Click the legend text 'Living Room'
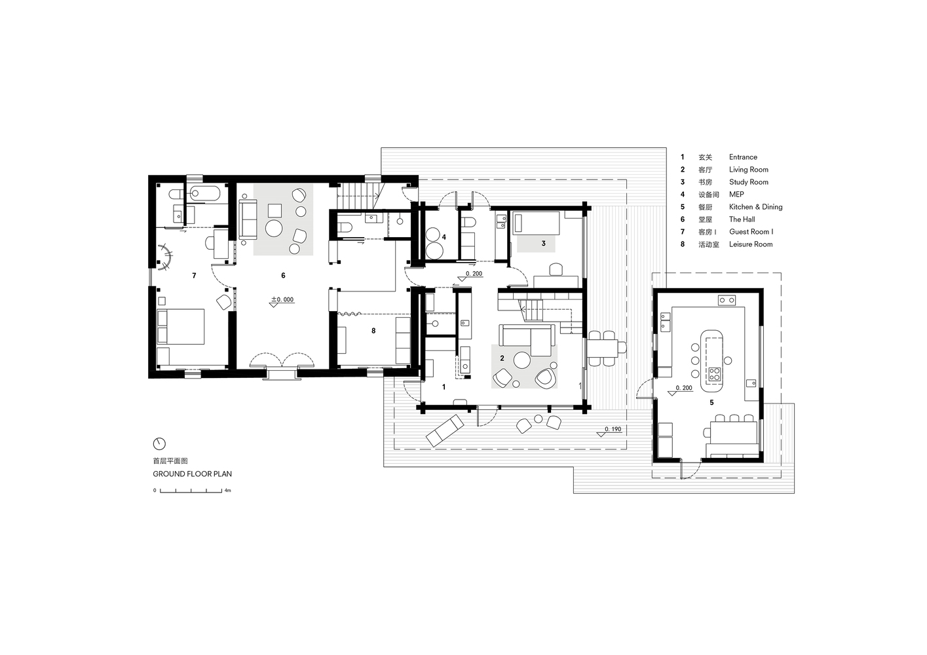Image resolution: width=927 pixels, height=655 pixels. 748,170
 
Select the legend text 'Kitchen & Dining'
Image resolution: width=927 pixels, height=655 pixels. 755,207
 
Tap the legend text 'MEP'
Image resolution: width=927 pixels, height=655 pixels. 736,195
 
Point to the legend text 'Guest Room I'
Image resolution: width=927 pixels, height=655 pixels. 751,232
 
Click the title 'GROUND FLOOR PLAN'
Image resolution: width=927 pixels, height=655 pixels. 193,474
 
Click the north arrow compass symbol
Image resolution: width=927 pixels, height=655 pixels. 159,444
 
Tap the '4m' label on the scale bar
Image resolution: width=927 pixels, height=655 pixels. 227,491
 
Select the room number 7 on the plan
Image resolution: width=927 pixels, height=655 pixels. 194,276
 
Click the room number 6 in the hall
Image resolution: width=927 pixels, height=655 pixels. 283,276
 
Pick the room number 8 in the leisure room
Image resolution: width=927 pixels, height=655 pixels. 373,331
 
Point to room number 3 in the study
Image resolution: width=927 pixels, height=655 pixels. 544,244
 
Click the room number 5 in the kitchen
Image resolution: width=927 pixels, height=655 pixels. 712,402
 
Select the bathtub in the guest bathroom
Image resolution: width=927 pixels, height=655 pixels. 204,194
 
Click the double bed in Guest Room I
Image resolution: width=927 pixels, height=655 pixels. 180,326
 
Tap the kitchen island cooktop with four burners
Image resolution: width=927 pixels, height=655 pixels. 715,374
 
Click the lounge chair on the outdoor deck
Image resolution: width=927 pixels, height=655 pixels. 445,430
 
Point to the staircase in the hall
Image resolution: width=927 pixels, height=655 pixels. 359,197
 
